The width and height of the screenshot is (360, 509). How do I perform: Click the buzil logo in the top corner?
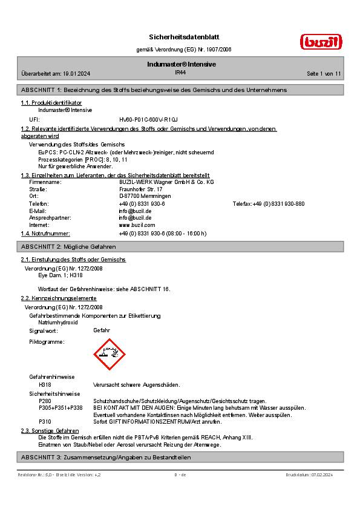(321, 41)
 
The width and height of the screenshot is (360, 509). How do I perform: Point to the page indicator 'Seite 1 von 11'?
(324, 73)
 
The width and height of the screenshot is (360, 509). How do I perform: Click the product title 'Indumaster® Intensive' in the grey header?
(182, 64)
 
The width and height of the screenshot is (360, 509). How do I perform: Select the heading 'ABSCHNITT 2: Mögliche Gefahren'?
(68, 247)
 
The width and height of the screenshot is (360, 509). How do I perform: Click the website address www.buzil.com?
(137, 225)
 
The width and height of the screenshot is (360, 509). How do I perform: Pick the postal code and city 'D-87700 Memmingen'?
(145, 197)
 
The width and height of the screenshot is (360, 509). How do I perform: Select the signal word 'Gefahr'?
(102, 331)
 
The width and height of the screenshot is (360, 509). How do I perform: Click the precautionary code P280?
(45, 401)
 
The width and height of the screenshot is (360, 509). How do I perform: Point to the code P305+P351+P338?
(61, 408)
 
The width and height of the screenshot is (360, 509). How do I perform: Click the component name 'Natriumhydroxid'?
(57, 323)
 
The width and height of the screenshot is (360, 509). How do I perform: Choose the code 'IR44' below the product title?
(180, 72)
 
